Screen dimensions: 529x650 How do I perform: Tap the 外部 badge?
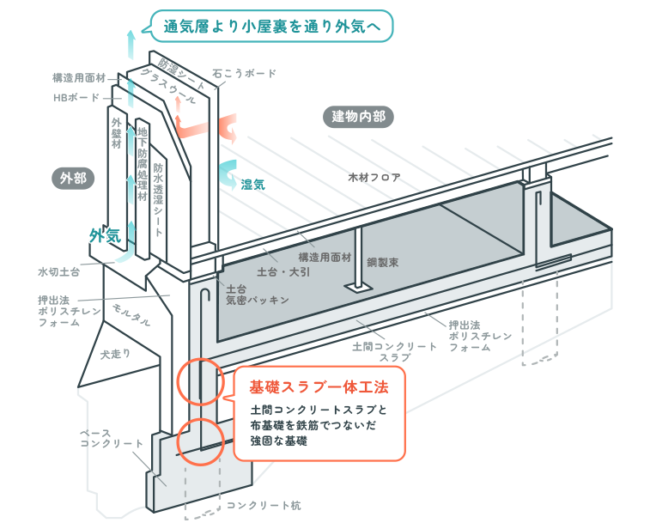point(73,178)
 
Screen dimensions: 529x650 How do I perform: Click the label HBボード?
point(76,97)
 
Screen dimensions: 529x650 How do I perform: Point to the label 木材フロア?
point(374,178)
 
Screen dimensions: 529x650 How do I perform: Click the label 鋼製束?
point(382,260)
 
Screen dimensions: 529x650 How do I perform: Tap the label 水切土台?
point(58,271)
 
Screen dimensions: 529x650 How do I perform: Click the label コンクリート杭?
point(264,505)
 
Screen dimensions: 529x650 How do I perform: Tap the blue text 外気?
point(105,234)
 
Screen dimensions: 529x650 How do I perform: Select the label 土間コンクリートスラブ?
point(383,350)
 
